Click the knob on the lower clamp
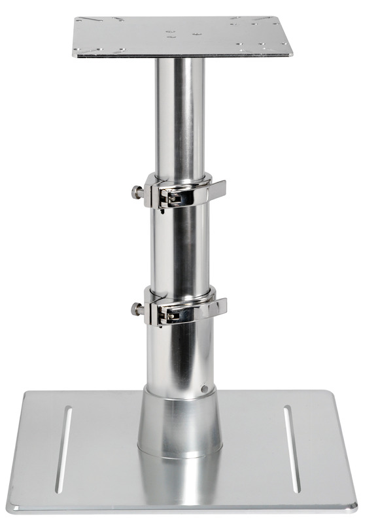click(x=136, y=309)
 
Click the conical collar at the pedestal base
click(x=180, y=422)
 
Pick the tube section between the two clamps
click(x=180, y=248)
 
